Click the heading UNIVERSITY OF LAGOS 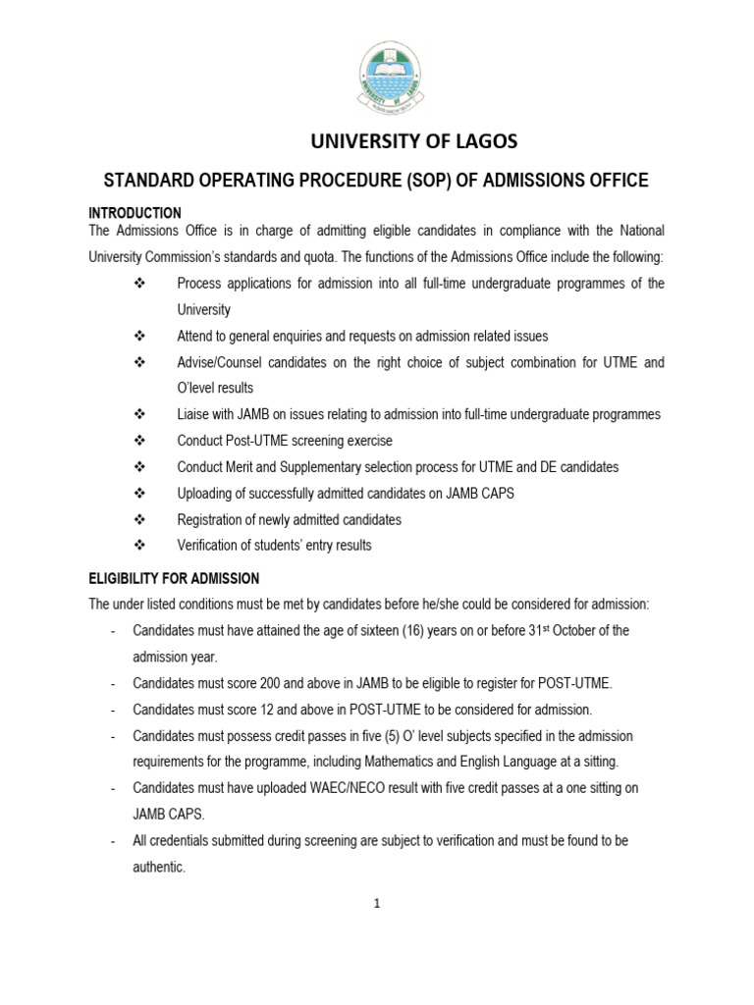413,141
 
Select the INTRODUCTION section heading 135,213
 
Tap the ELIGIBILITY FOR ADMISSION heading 174,579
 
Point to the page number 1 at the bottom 376,905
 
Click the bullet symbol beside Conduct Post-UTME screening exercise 138,441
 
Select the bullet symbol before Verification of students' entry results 138,546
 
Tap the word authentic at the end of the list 158,868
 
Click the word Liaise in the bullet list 194,414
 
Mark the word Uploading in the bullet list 204,494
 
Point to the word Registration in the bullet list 211,520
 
